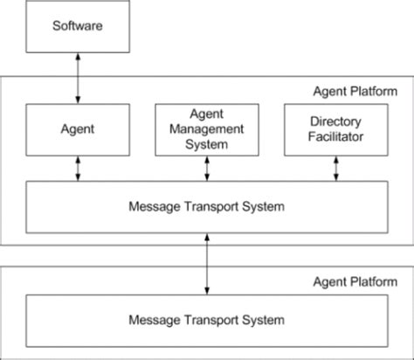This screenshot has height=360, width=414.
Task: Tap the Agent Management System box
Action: [x=207, y=128]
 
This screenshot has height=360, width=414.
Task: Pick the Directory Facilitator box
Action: [x=336, y=128]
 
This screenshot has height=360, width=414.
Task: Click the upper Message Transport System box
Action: [x=207, y=207]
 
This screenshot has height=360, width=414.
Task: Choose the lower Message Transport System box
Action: [x=207, y=320]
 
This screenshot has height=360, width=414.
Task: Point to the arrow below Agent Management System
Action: [x=207, y=169]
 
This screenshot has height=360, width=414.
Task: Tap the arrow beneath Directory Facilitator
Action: [x=336, y=169]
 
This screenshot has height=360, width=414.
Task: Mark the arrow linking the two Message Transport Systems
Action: [x=207, y=264]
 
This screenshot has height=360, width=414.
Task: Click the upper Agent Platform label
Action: [x=355, y=91]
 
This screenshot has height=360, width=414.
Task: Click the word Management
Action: [x=207, y=128]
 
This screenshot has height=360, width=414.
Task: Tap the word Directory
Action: [x=336, y=121]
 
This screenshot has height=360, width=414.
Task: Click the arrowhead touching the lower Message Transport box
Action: [x=207, y=291]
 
